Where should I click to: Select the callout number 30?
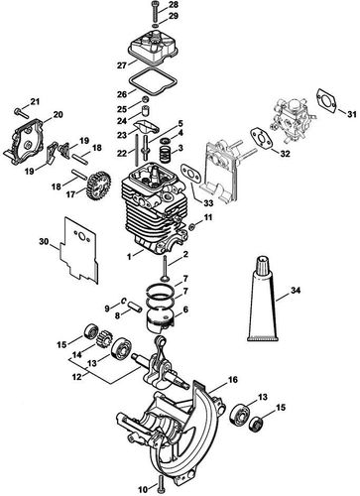[x=43, y=241]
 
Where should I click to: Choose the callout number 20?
[x=58, y=115]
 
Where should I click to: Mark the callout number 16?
[x=233, y=379]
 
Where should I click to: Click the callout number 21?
[x=32, y=102]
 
